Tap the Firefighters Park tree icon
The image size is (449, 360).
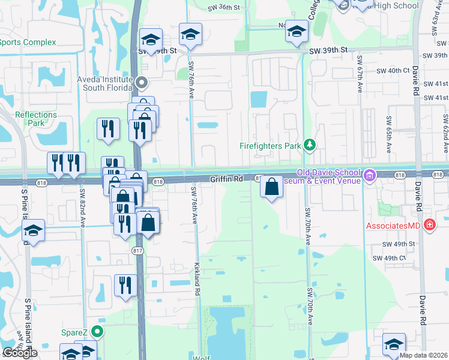coord(310,145)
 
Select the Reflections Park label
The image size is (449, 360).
coord(36,118)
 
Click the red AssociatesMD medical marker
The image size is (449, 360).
coord(429,226)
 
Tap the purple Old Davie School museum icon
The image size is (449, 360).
coord(369,175)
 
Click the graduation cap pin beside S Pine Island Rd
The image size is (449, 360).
coord(34,231)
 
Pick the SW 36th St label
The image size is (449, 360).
coord(223,7)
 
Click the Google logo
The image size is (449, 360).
coord(20,353)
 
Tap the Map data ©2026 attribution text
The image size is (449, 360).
coord(424,355)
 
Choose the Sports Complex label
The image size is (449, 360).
coord(28,42)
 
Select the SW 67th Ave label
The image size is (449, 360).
coord(360,73)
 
